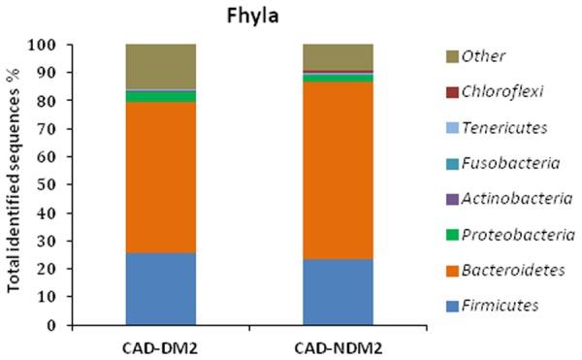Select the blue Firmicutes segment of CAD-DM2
(161, 288)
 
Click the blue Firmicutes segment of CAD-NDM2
(338, 292)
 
